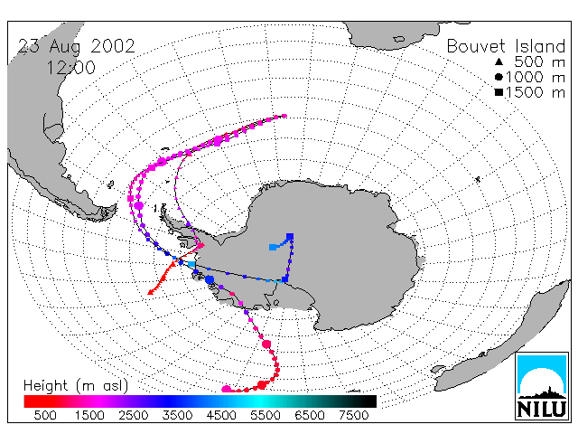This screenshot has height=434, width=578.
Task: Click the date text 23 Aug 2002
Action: [x=76, y=47]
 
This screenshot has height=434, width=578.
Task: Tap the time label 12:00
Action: [x=70, y=68]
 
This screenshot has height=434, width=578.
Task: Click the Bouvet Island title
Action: [x=506, y=46]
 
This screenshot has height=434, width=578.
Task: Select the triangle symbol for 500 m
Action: [x=499, y=61]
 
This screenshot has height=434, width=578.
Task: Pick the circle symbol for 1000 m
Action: [x=499, y=77]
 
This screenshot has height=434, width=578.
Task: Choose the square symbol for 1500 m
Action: [x=499, y=92]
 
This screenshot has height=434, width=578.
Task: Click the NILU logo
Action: [x=542, y=386]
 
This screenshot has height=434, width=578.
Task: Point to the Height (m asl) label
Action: [x=76, y=386]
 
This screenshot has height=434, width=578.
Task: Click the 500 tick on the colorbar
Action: [x=45, y=416]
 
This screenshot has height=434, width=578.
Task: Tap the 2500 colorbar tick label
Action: [x=133, y=416]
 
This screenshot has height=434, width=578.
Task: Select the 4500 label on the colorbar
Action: [x=221, y=416]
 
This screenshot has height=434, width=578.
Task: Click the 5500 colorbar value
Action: [x=265, y=416]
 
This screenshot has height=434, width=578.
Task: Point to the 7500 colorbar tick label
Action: [x=353, y=416]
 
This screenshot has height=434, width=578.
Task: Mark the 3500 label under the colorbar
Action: [x=177, y=416]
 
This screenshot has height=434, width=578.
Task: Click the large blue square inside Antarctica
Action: [x=290, y=237]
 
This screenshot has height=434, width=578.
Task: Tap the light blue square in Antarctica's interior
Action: [x=273, y=247]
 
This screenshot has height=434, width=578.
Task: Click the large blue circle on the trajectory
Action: [x=210, y=279]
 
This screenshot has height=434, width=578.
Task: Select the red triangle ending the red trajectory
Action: [x=151, y=292]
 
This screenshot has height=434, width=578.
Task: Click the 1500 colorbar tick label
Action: [x=89, y=416]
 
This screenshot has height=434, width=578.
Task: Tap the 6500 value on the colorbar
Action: [x=309, y=416]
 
